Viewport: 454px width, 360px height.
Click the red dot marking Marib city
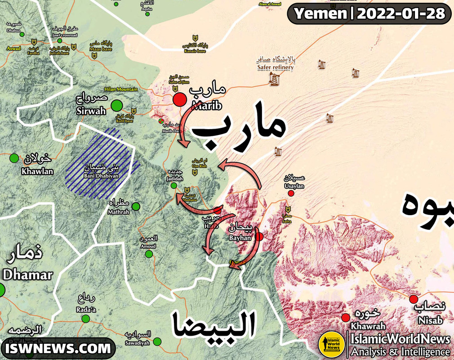[x=180, y=99]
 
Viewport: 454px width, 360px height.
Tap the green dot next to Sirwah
[x=117, y=105]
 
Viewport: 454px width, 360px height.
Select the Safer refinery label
[x=275, y=67]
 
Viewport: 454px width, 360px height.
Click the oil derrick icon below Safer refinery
[x=273, y=80]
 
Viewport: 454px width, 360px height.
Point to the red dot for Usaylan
[x=291, y=193]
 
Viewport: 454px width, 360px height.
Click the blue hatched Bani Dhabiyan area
[x=101, y=164]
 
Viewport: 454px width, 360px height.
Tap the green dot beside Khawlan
[x=14, y=158]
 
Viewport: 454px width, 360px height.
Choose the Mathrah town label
[x=119, y=212]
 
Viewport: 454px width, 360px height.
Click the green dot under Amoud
[x=149, y=254]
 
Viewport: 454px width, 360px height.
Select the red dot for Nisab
[x=414, y=299]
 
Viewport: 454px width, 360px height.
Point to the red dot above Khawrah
[x=346, y=317]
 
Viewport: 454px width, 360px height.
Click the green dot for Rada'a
[x=85, y=319]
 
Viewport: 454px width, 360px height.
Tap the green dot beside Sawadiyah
[x=157, y=342]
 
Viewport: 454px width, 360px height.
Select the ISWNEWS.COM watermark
[x=58, y=348]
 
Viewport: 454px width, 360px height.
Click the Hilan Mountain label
[x=121, y=89]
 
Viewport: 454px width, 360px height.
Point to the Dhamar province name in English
[x=28, y=274]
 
